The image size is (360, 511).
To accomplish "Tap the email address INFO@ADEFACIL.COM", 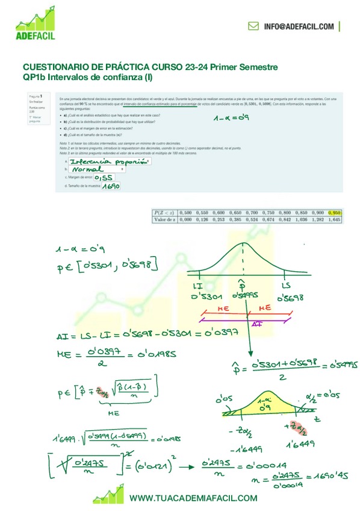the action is [x=298, y=27].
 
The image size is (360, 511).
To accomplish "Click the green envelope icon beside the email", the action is [x=253, y=27].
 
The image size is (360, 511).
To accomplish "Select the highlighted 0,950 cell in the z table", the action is [x=335, y=212].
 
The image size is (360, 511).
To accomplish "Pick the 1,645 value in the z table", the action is [x=335, y=220].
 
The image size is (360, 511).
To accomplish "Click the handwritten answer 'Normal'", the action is [x=87, y=170].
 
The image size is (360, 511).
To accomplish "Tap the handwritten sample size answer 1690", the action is [x=111, y=187].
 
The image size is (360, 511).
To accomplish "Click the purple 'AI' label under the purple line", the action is [x=256, y=324].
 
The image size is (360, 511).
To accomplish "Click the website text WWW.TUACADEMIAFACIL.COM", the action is [x=193, y=498].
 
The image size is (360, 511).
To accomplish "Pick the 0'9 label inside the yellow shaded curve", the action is [x=261, y=409].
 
